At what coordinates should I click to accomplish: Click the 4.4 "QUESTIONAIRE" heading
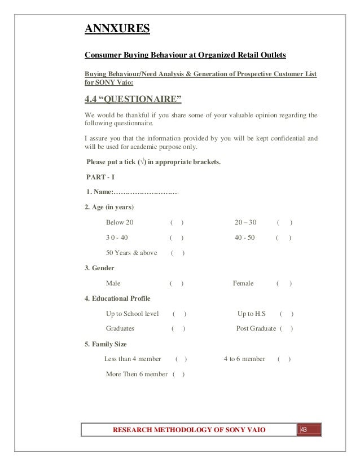pyautogui.click(x=133, y=100)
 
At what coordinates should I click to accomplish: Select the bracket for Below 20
pyautogui.click(x=177, y=222)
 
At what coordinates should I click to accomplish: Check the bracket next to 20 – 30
pyautogui.click(x=284, y=222)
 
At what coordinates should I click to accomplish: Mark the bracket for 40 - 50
pyautogui.click(x=283, y=238)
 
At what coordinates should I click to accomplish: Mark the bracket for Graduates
pyautogui.click(x=178, y=328)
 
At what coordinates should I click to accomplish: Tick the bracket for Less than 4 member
pyautogui.click(x=182, y=359)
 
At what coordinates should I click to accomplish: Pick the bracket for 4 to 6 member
pyautogui.click(x=284, y=359)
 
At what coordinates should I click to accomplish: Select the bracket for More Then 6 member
pyautogui.click(x=179, y=374)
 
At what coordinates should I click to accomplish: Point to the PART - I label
pyautogui.click(x=100, y=177)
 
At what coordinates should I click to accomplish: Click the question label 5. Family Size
pyautogui.click(x=106, y=344)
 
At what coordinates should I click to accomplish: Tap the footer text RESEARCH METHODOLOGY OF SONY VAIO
pyautogui.click(x=189, y=432)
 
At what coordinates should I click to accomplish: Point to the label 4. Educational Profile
pyautogui.click(x=117, y=298)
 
